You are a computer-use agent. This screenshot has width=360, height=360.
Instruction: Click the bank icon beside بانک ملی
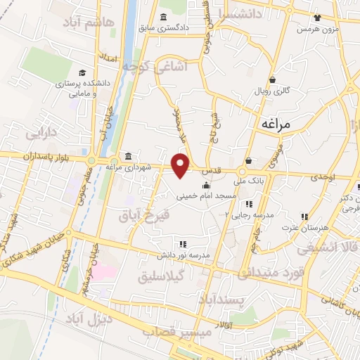click(x=249, y=161)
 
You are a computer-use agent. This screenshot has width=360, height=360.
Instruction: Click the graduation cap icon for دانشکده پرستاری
click(x=82, y=72)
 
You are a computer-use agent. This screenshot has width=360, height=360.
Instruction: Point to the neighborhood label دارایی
click(x=40, y=132)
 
